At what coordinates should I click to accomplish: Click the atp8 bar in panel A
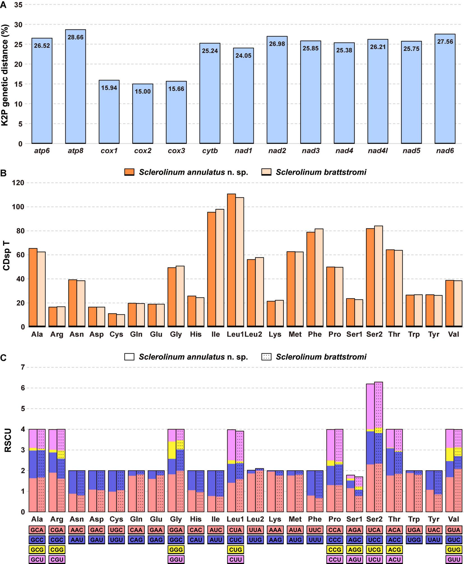tap(75, 87)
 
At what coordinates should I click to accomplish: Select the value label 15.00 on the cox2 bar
tap(143, 91)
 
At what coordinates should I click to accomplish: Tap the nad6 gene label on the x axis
tap(445, 151)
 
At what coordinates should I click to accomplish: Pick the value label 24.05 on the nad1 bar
tap(243, 55)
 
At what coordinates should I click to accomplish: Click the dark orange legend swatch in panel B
tap(130, 172)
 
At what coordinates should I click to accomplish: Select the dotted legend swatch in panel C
tap(266, 357)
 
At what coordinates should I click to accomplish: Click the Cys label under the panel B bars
tap(116, 334)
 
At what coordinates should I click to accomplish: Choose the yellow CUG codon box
tap(235, 550)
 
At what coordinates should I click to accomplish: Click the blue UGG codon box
tap(414, 540)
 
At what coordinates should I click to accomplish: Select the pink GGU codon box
tap(176, 560)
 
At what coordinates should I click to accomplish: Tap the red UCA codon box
tap(374, 530)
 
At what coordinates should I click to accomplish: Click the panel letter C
tap(3, 358)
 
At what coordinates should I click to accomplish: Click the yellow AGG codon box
tap(354, 550)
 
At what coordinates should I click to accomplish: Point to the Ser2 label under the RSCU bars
tap(374, 519)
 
